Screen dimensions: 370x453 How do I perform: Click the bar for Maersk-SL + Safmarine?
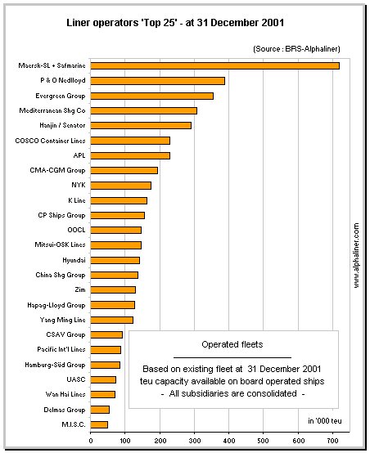[x=214, y=66]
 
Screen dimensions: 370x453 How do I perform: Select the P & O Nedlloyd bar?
[x=157, y=81]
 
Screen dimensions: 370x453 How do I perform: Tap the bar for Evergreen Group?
[x=152, y=96]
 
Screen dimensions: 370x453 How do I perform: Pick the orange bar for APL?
[x=130, y=155]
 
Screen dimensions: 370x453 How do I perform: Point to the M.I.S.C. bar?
[x=99, y=424]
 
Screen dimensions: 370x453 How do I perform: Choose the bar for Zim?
[x=113, y=289]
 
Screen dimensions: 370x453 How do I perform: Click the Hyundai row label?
[x=74, y=260]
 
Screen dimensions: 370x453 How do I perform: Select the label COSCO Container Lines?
[x=50, y=141]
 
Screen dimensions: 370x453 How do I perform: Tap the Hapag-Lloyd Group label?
[x=56, y=305]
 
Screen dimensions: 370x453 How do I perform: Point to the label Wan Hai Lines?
[x=65, y=394]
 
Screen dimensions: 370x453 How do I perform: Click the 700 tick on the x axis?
[x=332, y=441]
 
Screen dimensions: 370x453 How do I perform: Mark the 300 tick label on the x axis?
[x=194, y=441]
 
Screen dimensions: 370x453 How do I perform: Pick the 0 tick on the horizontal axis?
[x=91, y=441]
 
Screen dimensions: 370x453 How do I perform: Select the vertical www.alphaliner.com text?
[x=356, y=255]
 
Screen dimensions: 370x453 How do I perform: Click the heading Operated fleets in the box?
[x=232, y=344]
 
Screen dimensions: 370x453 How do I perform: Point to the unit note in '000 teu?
[x=325, y=421]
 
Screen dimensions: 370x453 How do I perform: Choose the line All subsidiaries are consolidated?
[x=232, y=393]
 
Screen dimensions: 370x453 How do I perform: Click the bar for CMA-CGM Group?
[x=124, y=170]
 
